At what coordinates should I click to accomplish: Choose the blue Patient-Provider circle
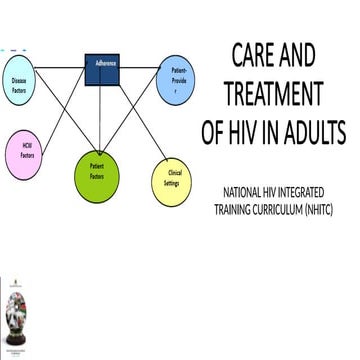coord(180,80)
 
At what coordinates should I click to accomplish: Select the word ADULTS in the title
coord(315,132)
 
